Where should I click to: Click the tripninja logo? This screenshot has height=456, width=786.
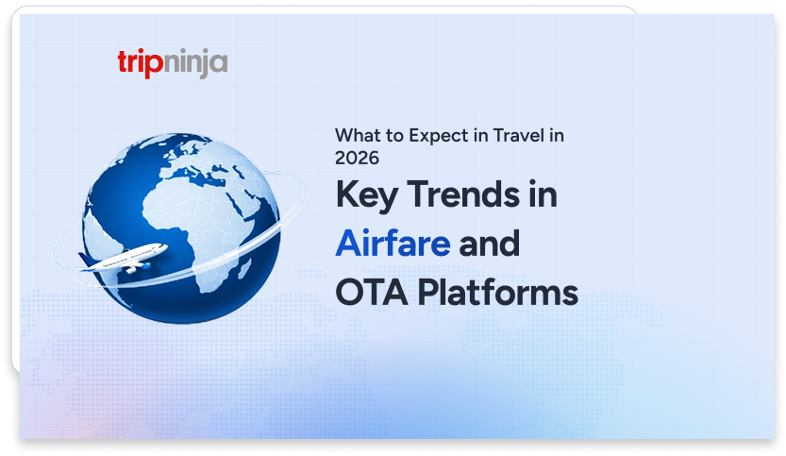pyautogui.click(x=173, y=63)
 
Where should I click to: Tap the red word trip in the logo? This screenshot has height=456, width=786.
pyautogui.click(x=141, y=63)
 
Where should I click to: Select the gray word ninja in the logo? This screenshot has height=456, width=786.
pyautogui.click(x=196, y=64)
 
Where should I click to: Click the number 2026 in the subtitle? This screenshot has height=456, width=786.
pyautogui.click(x=357, y=158)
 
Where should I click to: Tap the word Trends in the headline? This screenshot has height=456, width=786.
pyautogui.click(x=463, y=194)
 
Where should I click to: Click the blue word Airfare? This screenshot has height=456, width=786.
pyautogui.click(x=393, y=244)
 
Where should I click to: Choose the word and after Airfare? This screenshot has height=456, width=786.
pyautogui.click(x=489, y=244)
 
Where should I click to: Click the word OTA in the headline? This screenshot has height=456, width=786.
pyautogui.click(x=372, y=293)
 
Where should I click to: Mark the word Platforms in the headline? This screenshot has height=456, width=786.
pyautogui.click(x=498, y=293)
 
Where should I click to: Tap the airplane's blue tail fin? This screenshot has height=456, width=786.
pyautogui.click(x=86, y=260)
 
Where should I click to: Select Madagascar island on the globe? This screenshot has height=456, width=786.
pyautogui.click(x=244, y=268)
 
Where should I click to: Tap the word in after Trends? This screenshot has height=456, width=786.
pyautogui.click(x=543, y=194)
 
